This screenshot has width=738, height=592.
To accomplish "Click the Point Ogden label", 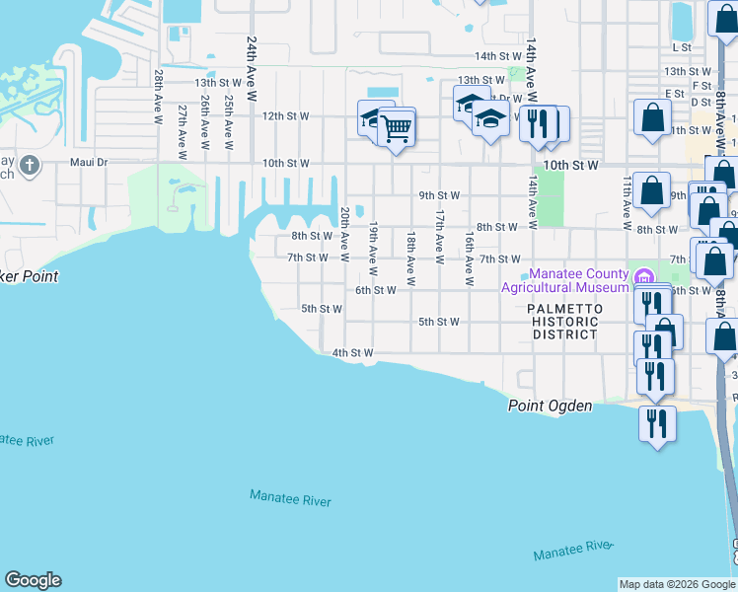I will (x=551, y=406).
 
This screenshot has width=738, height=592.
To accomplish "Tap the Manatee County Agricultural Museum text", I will (x=565, y=280).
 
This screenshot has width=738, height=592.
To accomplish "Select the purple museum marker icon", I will (x=644, y=275).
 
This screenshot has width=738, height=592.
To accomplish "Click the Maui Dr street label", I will (x=88, y=163).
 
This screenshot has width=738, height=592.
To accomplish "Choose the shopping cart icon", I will (x=396, y=127).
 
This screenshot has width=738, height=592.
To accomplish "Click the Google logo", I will (x=33, y=580).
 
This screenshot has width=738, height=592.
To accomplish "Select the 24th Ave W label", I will (x=252, y=70).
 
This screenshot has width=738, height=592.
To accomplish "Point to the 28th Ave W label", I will (x=158, y=97).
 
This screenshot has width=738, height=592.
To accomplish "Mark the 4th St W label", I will (x=352, y=352).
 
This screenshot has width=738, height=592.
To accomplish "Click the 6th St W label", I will (x=375, y=290).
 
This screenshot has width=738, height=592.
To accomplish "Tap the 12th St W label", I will (x=285, y=115).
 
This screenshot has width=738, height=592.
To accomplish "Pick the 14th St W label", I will (x=496, y=56).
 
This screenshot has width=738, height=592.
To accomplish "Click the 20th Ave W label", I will (x=345, y=234).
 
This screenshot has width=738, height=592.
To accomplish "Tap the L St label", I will (x=681, y=46).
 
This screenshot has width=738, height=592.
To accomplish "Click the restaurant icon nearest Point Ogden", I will (x=656, y=422).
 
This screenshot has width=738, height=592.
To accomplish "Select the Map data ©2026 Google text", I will (x=677, y=584).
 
